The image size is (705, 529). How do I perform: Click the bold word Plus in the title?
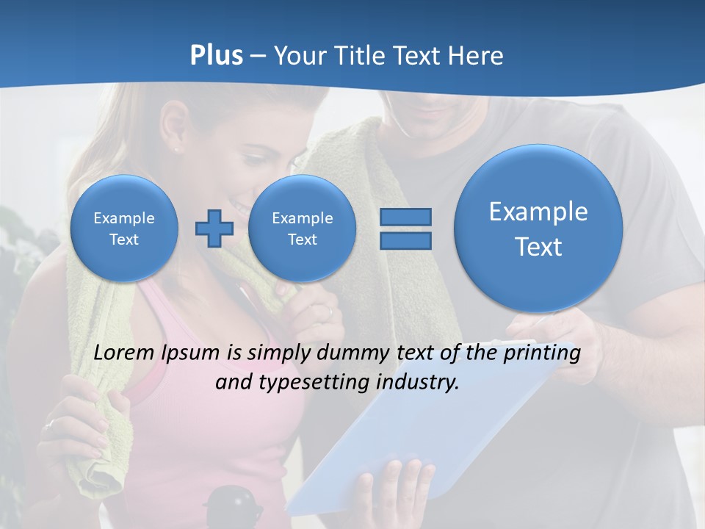point(216,56)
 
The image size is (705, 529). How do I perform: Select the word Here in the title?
point(477,56)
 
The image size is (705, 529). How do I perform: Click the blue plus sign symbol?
point(214,228)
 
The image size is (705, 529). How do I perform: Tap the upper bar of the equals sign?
point(405,217)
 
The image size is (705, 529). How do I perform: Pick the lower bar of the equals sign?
point(405,241)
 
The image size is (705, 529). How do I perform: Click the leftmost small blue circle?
point(124,228)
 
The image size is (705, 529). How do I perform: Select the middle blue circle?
point(302,228)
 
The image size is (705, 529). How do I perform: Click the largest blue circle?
point(538,228)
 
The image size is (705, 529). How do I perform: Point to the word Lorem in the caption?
point(125,353)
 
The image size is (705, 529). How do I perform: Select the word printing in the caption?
point(542,353)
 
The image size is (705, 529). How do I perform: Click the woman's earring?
point(176,148)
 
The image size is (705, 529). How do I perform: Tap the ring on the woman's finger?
point(49,424)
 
